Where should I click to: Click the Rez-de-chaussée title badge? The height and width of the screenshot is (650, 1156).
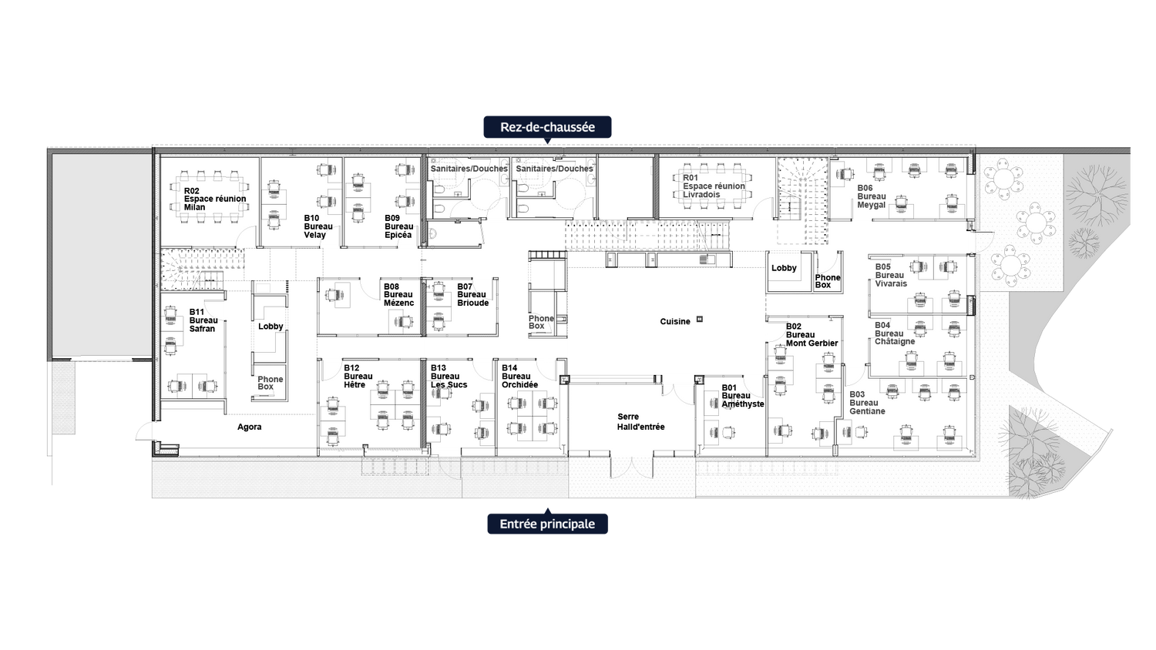(547, 127)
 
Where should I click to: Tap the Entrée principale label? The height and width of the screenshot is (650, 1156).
(547, 524)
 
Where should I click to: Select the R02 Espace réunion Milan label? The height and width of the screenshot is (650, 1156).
(214, 199)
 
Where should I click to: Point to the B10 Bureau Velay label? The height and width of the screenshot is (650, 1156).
(318, 226)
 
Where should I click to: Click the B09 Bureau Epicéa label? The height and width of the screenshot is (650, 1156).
(398, 226)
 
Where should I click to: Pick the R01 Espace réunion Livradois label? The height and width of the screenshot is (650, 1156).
(714, 186)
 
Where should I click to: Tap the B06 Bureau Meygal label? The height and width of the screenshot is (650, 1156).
(872, 196)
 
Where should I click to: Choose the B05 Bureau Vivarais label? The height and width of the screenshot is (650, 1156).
(890, 275)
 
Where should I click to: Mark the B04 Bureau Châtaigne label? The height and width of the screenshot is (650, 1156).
(894, 333)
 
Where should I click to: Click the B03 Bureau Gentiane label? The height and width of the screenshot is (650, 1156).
(866, 403)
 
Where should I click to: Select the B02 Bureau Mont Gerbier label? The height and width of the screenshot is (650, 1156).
(811, 335)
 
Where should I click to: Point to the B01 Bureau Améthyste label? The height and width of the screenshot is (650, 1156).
(742, 396)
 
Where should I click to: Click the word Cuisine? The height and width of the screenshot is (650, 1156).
(675, 322)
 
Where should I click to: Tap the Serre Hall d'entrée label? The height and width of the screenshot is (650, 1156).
(640, 422)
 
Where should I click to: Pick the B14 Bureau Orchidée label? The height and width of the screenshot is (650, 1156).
(519, 377)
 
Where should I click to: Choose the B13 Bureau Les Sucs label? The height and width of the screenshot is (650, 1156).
(449, 377)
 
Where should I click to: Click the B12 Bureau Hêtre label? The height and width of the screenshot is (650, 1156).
(358, 377)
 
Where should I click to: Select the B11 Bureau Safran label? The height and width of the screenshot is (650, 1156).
(203, 320)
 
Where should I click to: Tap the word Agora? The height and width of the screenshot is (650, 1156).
(249, 427)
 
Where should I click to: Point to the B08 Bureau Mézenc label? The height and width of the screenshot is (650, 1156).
(398, 295)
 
